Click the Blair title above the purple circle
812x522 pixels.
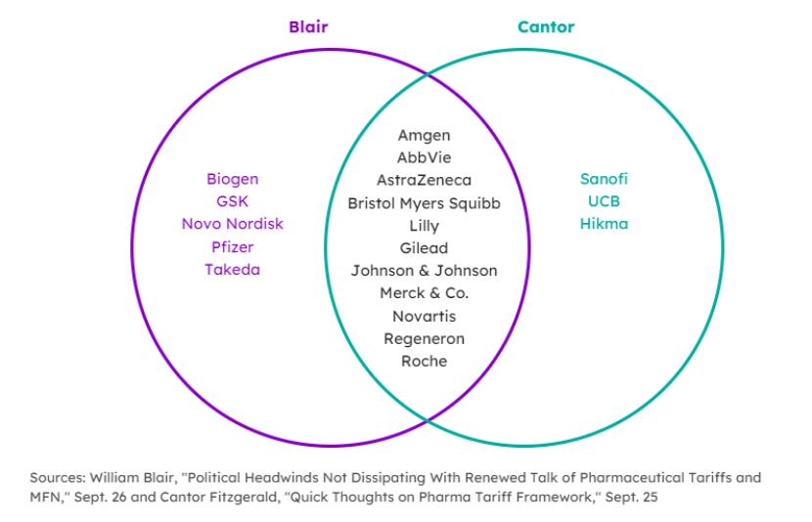(x=308, y=26)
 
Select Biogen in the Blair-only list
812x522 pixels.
(x=232, y=179)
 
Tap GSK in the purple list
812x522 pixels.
(x=232, y=201)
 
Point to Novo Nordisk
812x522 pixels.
(x=232, y=224)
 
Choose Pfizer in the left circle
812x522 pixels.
(x=232, y=246)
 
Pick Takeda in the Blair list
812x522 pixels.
(x=232, y=269)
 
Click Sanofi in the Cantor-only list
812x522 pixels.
(x=604, y=179)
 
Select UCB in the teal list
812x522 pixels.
(x=604, y=201)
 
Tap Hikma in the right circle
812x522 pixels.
(x=604, y=224)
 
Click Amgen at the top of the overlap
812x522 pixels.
(x=424, y=135)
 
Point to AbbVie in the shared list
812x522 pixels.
(x=424, y=157)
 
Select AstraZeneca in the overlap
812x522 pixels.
(x=424, y=180)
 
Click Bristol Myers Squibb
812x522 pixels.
(x=424, y=203)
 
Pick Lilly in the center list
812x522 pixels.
(x=424, y=226)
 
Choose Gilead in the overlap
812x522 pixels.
(x=424, y=248)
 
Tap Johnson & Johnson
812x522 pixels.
(x=424, y=271)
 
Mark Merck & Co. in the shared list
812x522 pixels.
(x=424, y=293)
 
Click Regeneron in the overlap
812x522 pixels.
(x=424, y=338)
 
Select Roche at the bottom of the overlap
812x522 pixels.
(x=424, y=361)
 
